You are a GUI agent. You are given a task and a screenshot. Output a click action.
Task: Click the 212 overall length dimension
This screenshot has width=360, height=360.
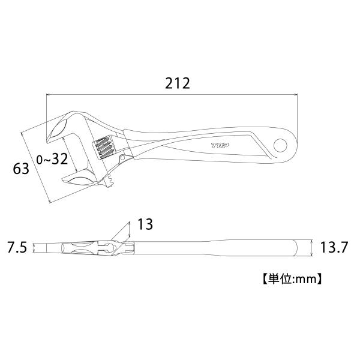(x=178, y=83)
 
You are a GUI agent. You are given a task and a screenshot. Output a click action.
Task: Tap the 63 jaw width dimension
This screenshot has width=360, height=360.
(x=21, y=169)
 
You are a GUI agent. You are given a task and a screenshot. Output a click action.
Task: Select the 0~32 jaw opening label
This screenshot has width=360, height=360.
(x=52, y=159)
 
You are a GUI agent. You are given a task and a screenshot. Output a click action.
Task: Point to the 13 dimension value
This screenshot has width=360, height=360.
(x=145, y=224)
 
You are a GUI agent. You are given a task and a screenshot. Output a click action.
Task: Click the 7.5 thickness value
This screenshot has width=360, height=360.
(x=17, y=248)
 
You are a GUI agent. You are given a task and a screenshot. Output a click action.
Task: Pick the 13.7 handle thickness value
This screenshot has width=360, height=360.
(x=334, y=247)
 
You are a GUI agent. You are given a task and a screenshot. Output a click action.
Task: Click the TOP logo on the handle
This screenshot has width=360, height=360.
(x=220, y=145)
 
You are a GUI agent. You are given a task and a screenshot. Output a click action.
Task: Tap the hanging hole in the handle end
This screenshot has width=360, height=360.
(x=280, y=145)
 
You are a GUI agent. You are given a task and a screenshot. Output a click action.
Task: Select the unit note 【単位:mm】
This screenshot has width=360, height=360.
(x=292, y=279)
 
